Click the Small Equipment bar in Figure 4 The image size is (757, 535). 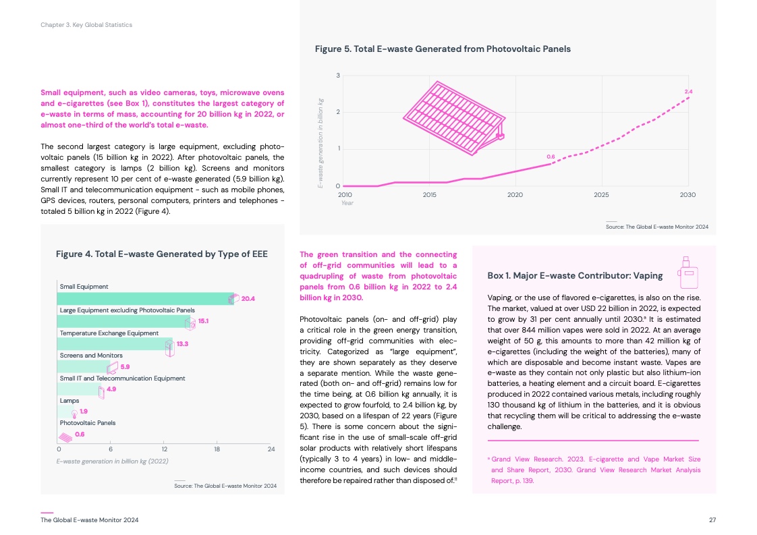pyautogui.click(x=145, y=298)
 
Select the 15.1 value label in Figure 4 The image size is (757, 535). pyautogui.click(x=202, y=321)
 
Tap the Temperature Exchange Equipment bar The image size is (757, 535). pyautogui.click(x=115, y=344)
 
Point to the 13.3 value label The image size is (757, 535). pyautogui.click(x=181, y=344)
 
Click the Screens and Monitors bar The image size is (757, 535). pyautogui.click(x=82, y=367)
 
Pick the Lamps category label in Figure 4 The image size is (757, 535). pyautogui.click(x=69, y=401)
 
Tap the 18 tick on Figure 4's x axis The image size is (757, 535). pyautogui.click(x=217, y=449)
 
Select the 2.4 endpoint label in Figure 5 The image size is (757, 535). pyautogui.click(x=688, y=91)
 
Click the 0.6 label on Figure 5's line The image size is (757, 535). pyautogui.click(x=551, y=157)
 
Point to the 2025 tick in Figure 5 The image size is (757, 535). pyautogui.click(x=601, y=194)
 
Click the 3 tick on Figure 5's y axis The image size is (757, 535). pyautogui.click(x=337, y=75)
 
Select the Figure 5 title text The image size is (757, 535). pyautogui.click(x=443, y=49)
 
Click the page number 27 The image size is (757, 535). pyautogui.click(x=712, y=520)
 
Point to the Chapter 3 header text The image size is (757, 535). pyautogui.click(x=86, y=25)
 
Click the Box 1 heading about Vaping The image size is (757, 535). pyautogui.click(x=575, y=275)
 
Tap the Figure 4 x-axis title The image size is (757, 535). pyautogui.click(x=112, y=461)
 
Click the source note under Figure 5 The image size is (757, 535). pyautogui.click(x=657, y=227)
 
